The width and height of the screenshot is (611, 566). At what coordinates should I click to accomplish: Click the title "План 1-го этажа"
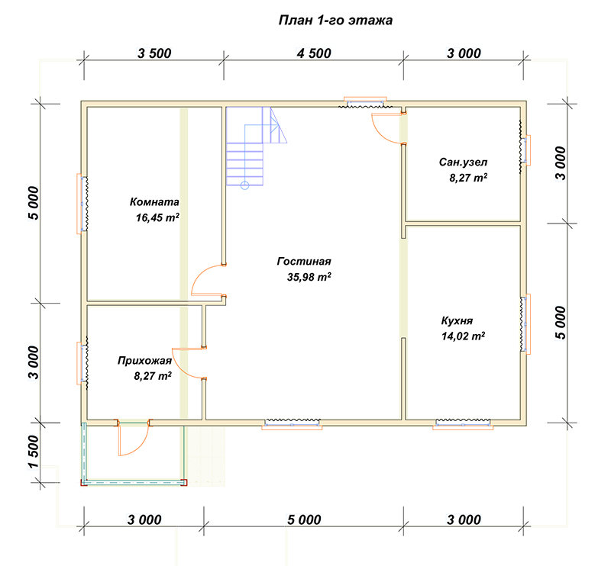pyautogui.click(x=335, y=21)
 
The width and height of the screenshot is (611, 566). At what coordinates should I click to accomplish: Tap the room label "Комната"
pyautogui.click(x=154, y=201)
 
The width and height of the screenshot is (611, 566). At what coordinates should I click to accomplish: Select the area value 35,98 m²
pyautogui.click(x=309, y=277)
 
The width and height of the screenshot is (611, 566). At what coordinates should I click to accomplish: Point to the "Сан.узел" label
pyautogui.click(x=463, y=162)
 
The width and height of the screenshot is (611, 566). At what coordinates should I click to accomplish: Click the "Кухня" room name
pyautogui.click(x=457, y=321)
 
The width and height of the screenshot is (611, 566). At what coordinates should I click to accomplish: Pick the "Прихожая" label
pyautogui.click(x=144, y=361)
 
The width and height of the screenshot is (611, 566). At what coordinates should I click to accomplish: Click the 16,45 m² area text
pyautogui.click(x=157, y=217)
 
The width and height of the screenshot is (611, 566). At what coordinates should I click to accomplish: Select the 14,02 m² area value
pyautogui.click(x=463, y=336)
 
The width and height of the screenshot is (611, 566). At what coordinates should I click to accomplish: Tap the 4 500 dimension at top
pyautogui.click(x=314, y=53)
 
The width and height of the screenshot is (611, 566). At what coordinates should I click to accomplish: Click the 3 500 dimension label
pyautogui.click(x=154, y=53)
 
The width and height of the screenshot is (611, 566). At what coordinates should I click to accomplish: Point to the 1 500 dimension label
pyautogui.click(x=34, y=452)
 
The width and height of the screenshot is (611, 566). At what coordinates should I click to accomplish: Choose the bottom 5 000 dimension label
pyautogui.click(x=304, y=519)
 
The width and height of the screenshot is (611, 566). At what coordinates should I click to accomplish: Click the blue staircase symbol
pyautogui.click(x=257, y=146)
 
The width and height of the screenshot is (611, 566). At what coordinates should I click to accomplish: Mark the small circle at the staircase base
pyautogui.click(x=244, y=185)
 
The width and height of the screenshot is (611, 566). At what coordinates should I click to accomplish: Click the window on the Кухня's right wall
pyautogui.click(x=525, y=324)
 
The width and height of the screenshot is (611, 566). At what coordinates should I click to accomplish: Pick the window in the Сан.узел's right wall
pyautogui.click(x=525, y=150)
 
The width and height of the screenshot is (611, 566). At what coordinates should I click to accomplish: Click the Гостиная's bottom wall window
pyautogui.click(x=292, y=424)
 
